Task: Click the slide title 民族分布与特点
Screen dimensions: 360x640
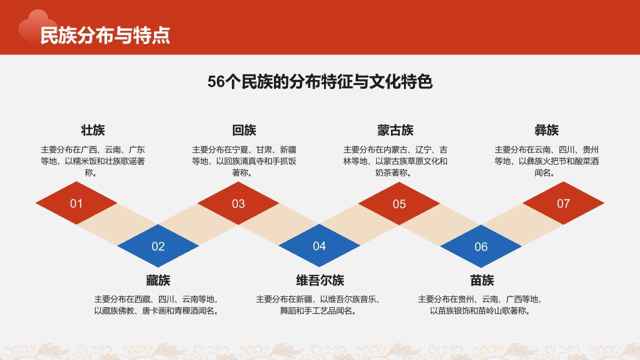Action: pos(105,35)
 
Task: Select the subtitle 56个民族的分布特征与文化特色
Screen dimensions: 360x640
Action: pos(320,82)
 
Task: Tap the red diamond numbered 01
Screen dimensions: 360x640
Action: pos(76,203)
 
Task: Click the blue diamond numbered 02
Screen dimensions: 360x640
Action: pos(158,246)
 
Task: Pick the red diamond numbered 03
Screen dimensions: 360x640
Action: pos(238,203)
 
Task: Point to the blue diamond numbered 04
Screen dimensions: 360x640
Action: pos(319,246)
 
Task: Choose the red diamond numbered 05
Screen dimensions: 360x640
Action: pos(399,204)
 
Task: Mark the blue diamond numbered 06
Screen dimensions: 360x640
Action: pos(481,246)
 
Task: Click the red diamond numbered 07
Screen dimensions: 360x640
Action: pos(563,203)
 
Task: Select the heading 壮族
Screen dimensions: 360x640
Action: pos(93,130)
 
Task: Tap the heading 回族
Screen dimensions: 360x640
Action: pos(244,130)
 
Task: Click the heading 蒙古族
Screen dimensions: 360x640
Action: pos(395,130)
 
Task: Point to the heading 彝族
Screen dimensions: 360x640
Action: pos(546,130)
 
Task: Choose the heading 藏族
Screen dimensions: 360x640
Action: pos(158,280)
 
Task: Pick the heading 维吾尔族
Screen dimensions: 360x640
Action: pos(320,280)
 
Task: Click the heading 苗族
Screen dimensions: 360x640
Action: pos(482,280)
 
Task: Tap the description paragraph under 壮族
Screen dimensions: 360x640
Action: pos(93,161)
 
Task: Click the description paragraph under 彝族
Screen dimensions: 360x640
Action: pos(546,161)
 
